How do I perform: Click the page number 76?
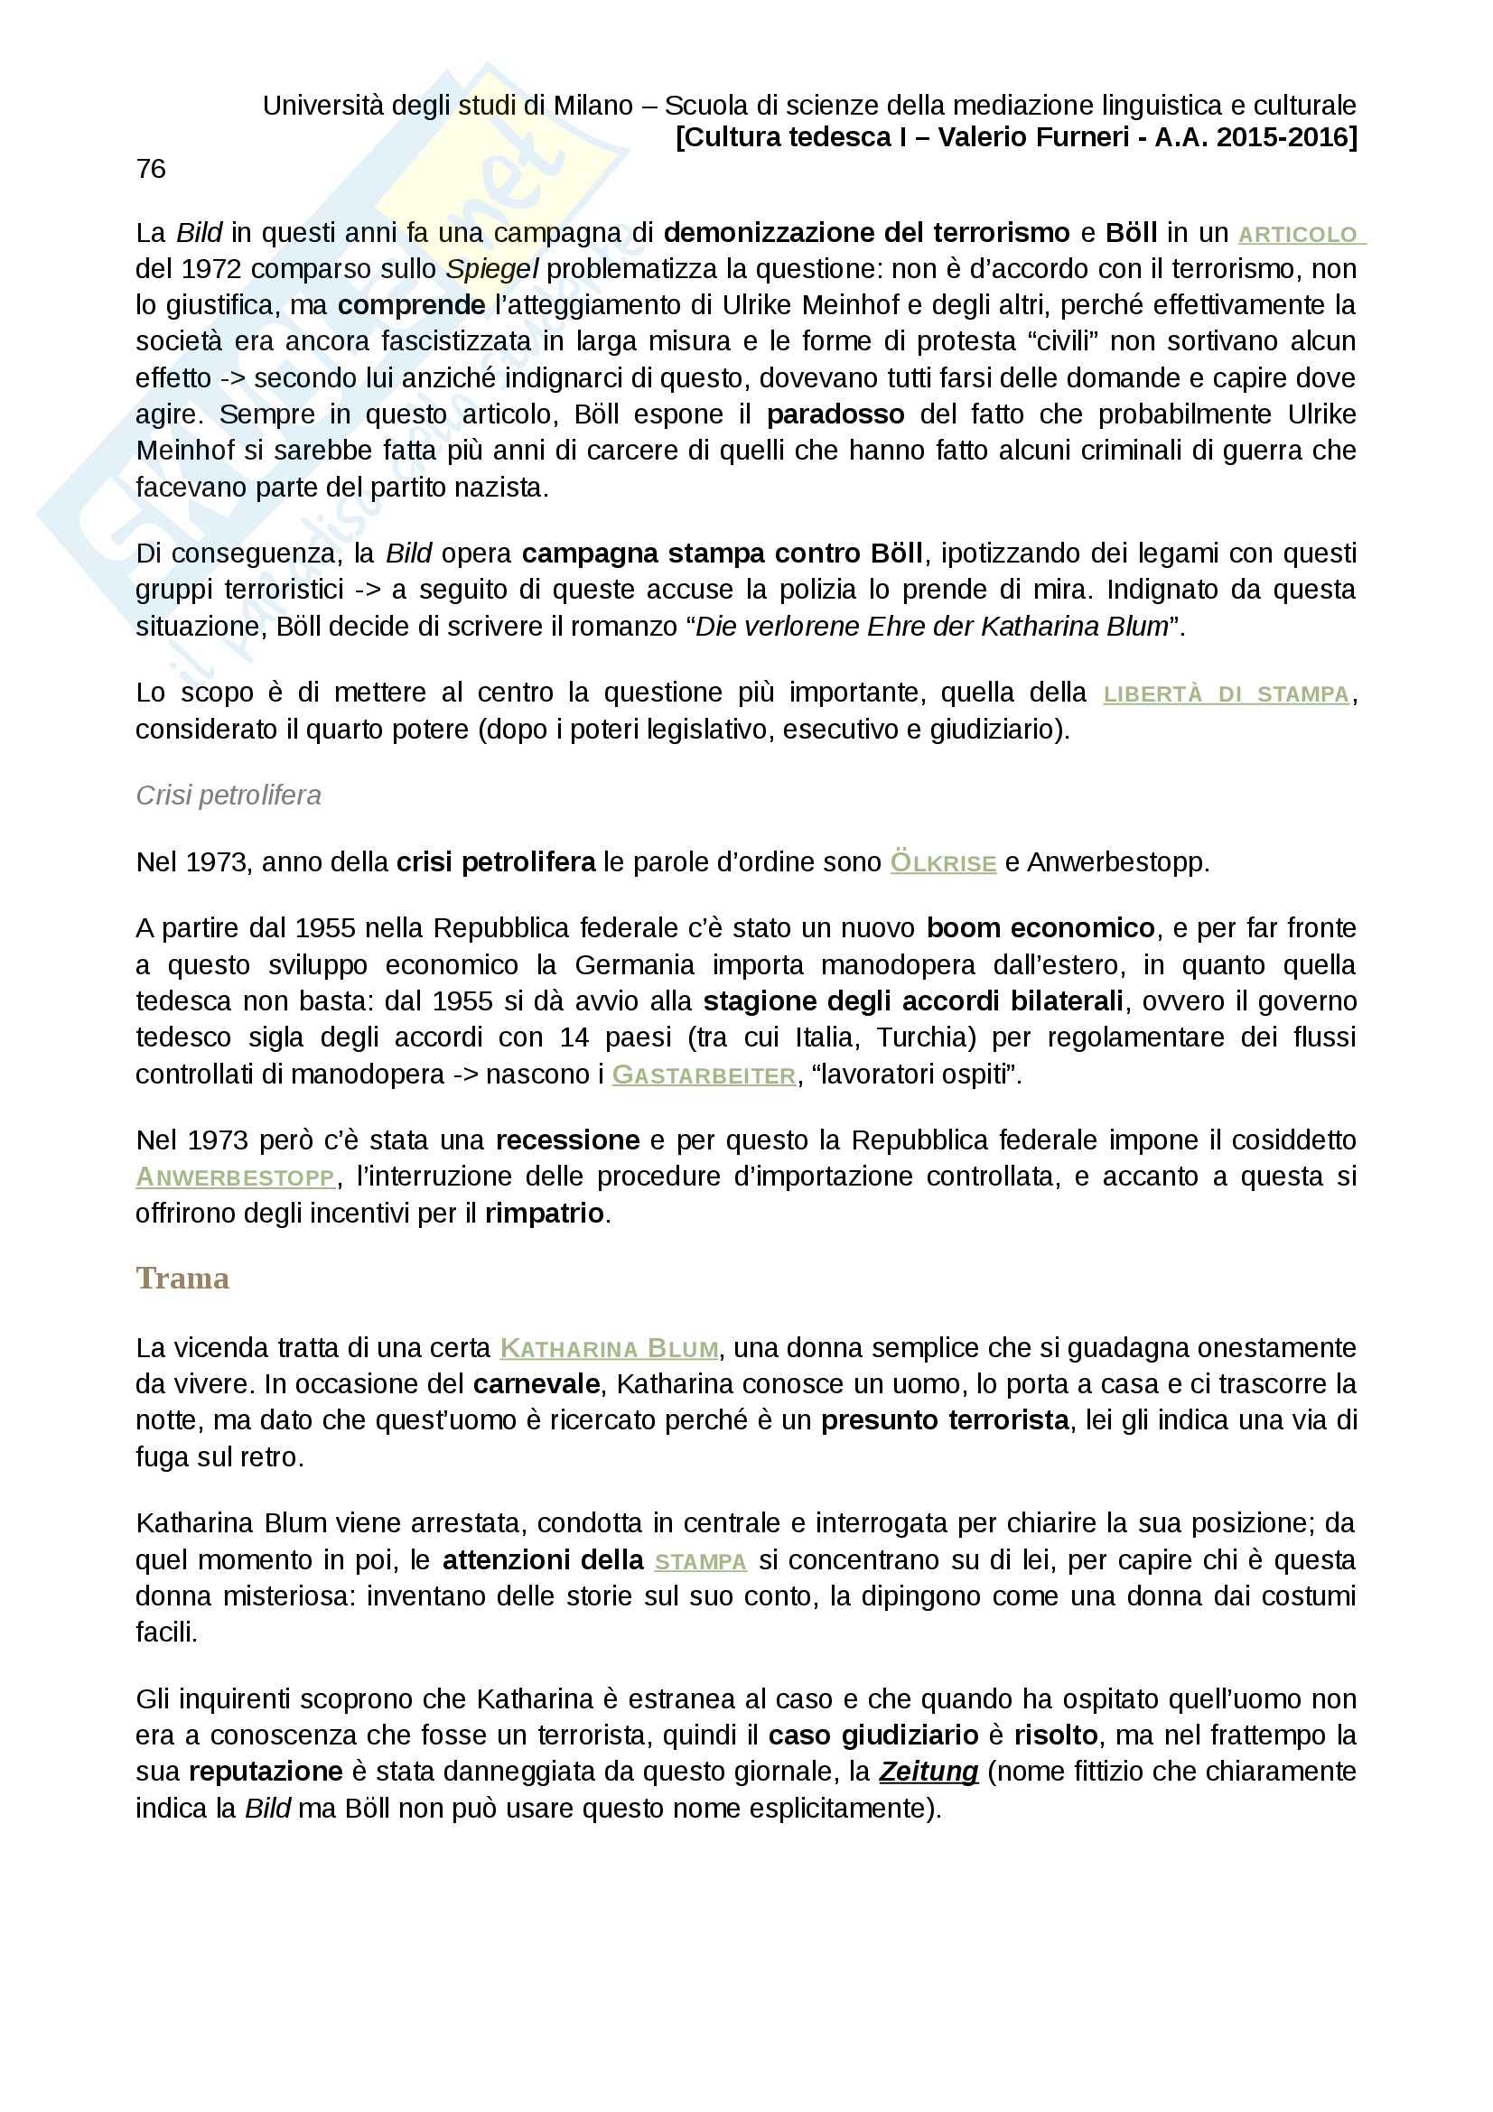(x=151, y=169)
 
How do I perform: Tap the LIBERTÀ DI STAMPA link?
(x=1226, y=694)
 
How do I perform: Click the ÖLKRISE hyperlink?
(x=943, y=864)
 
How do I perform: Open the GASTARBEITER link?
(x=704, y=1075)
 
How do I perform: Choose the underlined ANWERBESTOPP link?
(x=236, y=1177)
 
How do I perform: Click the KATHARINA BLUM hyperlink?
(x=609, y=1349)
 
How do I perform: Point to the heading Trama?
(x=182, y=1279)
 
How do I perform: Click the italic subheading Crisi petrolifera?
(x=229, y=795)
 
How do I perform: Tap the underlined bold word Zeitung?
(x=928, y=1772)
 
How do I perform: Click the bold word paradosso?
(x=835, y=414)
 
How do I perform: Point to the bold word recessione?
(x=567, y=1140)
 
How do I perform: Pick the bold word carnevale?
(x=537, y=1384)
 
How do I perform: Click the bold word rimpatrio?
(x=545, y=1214)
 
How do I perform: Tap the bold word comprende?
(x=411, y=305)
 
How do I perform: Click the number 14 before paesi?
(x=574, y=1037)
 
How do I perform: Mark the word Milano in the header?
(x=593, y=106)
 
